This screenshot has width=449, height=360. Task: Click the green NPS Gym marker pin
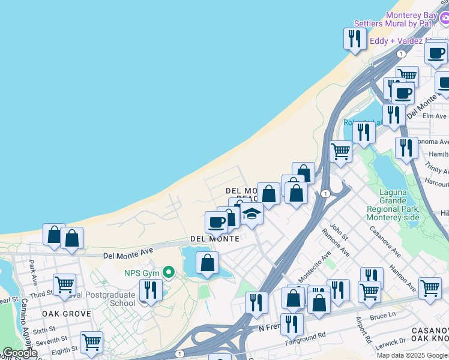[x=169, y=273]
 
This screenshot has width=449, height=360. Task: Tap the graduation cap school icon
[x=252, y=214]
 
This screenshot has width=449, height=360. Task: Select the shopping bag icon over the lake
[x=207, y=263]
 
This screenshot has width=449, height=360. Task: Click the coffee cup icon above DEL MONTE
[x=216, y=222]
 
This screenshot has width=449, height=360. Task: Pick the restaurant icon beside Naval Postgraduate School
[x=150, y=290]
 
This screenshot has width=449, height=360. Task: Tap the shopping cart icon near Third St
[x=64, y=284]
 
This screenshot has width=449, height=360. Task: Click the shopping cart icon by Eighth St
[x=91, y=343]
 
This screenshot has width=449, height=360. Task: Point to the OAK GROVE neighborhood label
[x=66, y=314]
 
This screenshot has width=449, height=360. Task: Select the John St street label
[x=339, y=233]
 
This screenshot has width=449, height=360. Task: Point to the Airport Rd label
[x=364, y=331]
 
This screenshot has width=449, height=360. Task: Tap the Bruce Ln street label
[x=383, y=315]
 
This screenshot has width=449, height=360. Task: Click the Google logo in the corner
[x=20, y=353]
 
